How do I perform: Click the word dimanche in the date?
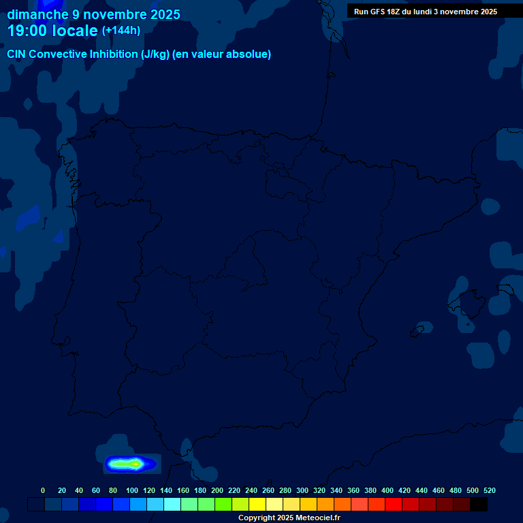(x=37, y=14)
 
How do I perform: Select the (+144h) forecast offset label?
(x=121, y=31)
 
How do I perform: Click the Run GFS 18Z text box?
(x=425, y=12)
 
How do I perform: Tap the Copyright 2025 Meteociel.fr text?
(x=289, y=518)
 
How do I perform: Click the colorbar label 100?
(x=131, y=490)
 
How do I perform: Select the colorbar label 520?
(x=489, y=490)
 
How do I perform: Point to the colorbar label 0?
(x=43, y=490)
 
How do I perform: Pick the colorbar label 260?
(x=268, y=490)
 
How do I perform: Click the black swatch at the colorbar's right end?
(x=479, y=504)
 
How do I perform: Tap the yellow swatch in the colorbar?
(x=257, y=504)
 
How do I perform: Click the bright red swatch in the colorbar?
(x=394, y=504)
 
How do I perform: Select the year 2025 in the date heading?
(x=164, y=14)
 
